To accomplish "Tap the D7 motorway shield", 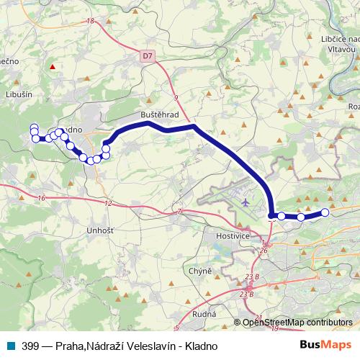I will click(148, 54).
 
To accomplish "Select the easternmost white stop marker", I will click(325, 212).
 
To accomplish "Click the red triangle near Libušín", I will click(52, 68).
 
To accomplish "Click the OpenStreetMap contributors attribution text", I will click(297, 323).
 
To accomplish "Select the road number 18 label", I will click(90, 22).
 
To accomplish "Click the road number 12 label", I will click(108, 204).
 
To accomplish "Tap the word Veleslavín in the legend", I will click(144, 346).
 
